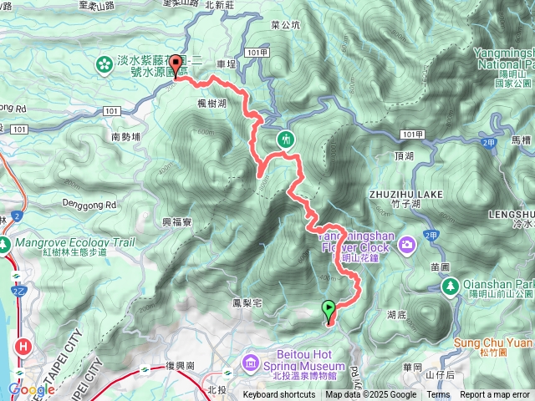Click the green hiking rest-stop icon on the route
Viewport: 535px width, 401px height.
(x=287, y=139)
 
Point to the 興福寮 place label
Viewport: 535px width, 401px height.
(x=177, y=221)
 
